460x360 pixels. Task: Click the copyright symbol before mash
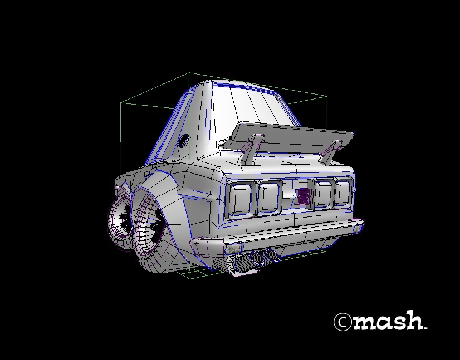click(342, 322)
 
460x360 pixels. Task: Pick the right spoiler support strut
click(332, 152)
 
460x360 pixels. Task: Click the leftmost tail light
click(242, 199)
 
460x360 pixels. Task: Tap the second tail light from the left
click(268, 197)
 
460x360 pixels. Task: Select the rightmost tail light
click(341, 193)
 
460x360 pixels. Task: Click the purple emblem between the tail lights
click(304, 195)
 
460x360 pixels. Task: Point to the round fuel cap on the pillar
click(183, 141)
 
